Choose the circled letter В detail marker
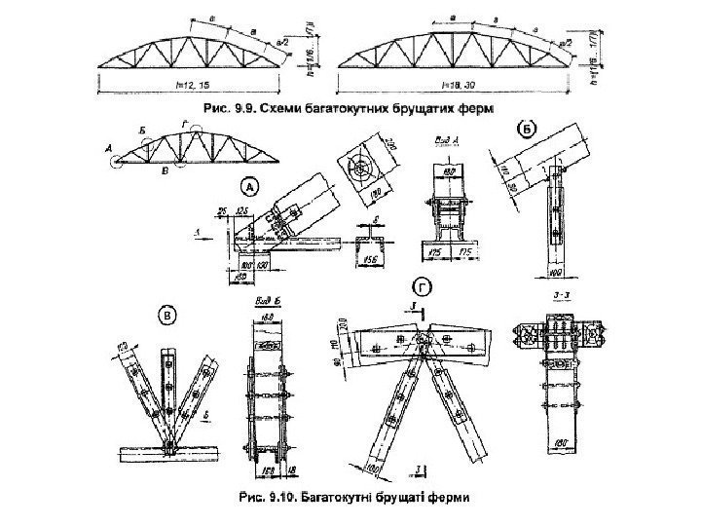point(168,315)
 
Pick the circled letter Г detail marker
point(422,288)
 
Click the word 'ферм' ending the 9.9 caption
point(471,105)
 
